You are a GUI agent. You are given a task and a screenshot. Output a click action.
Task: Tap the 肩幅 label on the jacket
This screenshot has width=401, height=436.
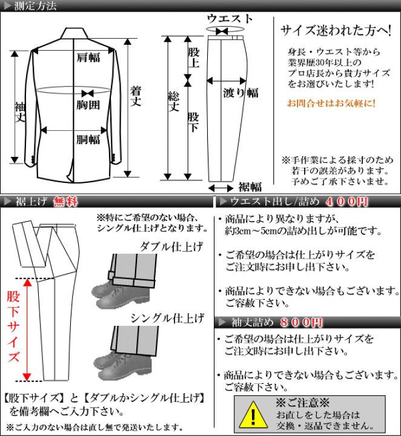click(88, 58)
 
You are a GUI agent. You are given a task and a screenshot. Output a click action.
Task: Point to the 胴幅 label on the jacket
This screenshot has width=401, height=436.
click(88, 139)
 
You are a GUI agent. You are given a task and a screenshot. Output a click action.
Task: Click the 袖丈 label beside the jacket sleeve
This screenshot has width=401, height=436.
click(20, 111)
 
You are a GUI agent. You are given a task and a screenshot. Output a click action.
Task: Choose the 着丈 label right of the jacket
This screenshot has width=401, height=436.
click(137, 96)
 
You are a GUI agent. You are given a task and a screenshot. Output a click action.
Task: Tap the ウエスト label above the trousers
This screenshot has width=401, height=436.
click(230, 18)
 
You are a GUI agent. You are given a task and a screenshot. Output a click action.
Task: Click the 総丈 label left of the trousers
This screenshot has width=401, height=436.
click(174, 102)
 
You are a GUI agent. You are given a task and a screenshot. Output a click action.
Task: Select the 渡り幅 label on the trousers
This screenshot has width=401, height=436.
click(240, 92)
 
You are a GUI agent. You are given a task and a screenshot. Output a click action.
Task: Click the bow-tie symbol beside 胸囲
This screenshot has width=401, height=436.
click(88, 93)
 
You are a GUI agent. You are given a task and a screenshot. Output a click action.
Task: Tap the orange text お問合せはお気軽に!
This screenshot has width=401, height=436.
click(331, 103)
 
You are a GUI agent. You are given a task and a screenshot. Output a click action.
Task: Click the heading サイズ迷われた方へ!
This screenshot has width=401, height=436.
click(335, 30)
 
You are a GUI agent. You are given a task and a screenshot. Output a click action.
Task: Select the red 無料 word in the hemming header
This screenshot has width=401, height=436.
click(65, 202)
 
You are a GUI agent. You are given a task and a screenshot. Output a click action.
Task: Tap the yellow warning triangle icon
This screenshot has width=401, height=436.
click(253, 415)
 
